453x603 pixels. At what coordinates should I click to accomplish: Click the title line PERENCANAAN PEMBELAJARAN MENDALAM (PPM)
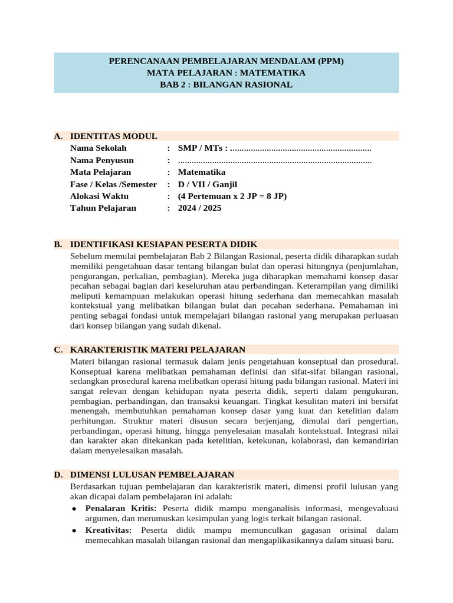tap(226, 61)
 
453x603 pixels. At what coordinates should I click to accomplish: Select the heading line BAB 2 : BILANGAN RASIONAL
tap(226, 85)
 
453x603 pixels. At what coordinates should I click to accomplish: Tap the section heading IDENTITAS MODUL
tap(113, 136)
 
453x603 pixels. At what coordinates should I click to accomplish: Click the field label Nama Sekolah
tap(98, 148)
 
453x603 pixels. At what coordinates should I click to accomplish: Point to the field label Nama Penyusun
tap(101, 160)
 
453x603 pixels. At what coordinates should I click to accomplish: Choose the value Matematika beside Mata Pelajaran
tap(202, 173)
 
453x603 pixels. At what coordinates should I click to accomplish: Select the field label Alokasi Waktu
tap(99, 196)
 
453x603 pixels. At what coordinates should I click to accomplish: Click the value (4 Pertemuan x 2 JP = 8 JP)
tap(232, 196)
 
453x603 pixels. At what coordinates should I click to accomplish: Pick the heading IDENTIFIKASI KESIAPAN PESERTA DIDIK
tap(163, 244)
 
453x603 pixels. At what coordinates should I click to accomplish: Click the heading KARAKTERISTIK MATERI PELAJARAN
tap(157, 349)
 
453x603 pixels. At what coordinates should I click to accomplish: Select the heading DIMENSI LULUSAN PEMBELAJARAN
tap(152, 475)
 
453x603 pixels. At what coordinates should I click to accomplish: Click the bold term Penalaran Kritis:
tap(121, 508)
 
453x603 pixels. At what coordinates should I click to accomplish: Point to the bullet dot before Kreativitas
tap(74, 531)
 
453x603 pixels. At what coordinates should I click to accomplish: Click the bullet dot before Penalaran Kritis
tap(74, 509)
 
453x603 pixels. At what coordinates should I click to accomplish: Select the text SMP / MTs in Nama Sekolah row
tap(199, 148)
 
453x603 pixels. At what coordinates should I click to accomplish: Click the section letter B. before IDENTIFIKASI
tap(58, 244)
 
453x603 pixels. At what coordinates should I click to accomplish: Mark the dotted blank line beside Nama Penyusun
tap(274, 161)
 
